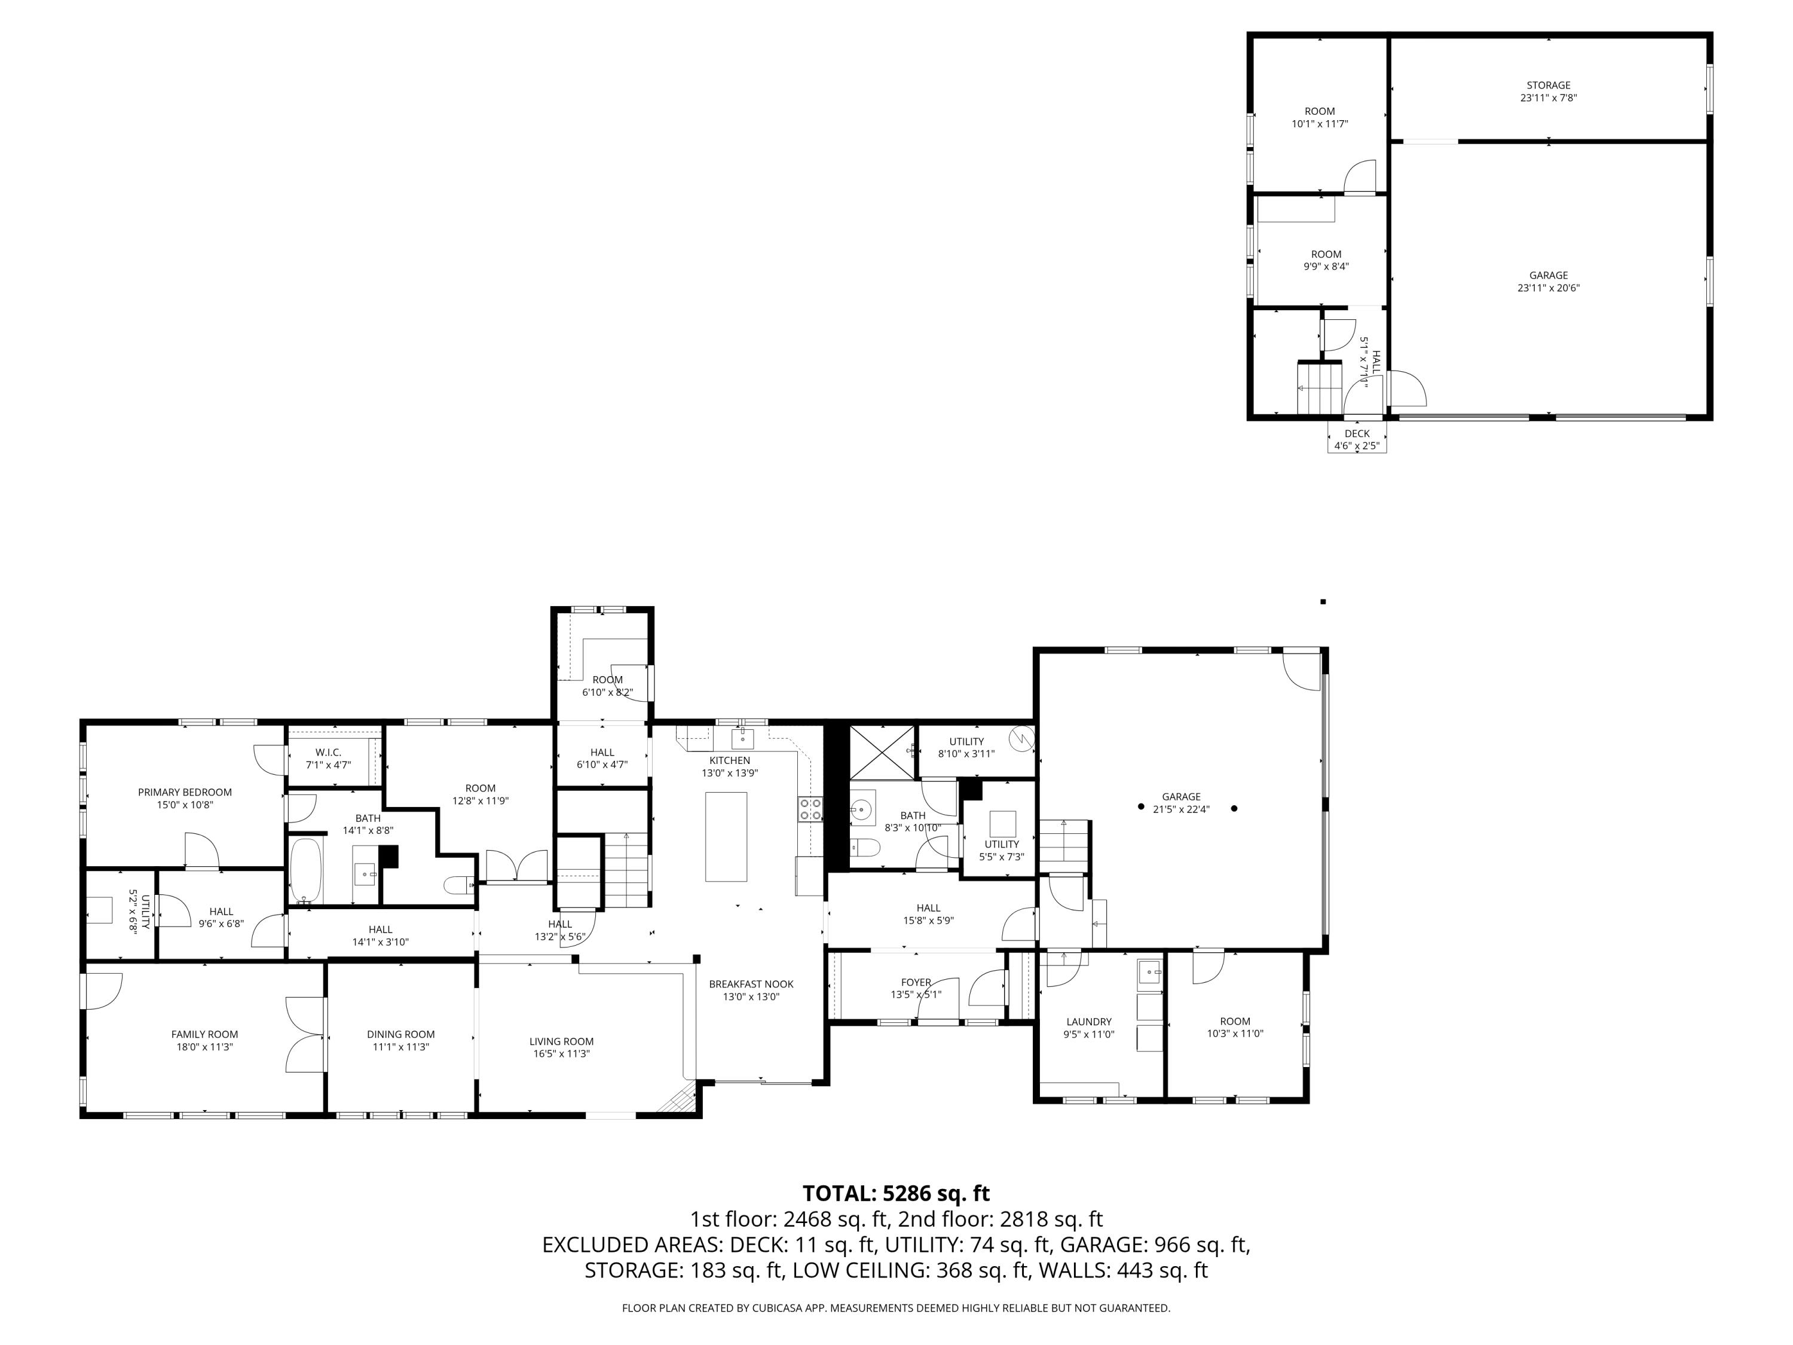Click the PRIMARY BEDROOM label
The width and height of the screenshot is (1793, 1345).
point(185,792)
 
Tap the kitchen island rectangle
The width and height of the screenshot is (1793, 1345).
point(726,837)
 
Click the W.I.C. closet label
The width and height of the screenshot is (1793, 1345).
point(328,753)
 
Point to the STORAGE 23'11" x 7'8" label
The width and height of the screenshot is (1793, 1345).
point(1548,85)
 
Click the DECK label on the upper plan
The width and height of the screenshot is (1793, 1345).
point(1357,434)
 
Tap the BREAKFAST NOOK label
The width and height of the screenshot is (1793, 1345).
point(751,984)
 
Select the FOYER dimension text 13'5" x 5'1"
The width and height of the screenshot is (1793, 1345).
point(916,995)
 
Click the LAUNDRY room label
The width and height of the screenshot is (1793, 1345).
point(1088,1022)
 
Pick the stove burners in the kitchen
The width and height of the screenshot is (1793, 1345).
point(810,808)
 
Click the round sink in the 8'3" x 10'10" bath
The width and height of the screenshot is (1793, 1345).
point(863,808)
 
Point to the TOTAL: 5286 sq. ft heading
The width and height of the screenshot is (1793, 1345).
point(896,1193)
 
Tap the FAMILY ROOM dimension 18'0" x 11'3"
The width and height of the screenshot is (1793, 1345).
point(204,1047)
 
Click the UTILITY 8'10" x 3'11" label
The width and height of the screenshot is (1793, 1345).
point(966,741)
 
